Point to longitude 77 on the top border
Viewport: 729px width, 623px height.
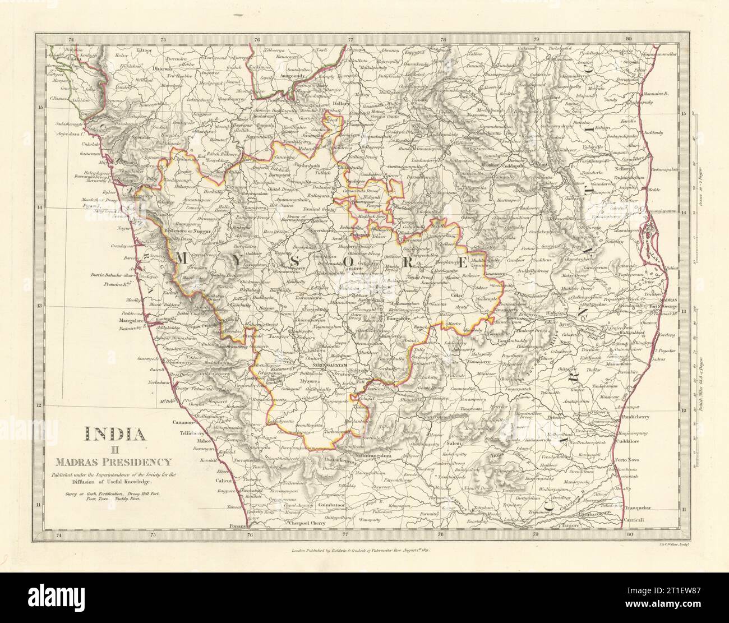point(350,40)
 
